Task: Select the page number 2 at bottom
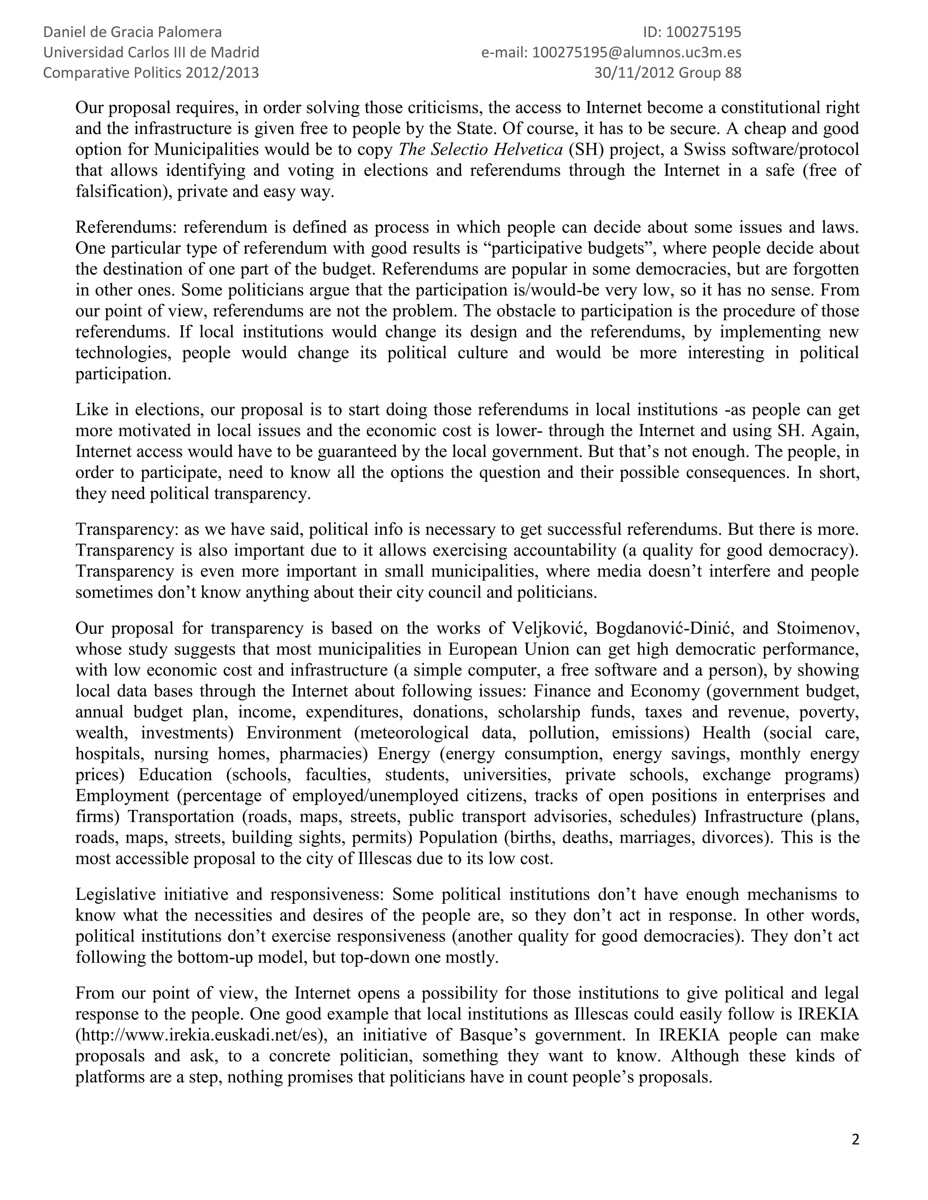[855, 1141]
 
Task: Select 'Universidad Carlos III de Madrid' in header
[151, 53]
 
